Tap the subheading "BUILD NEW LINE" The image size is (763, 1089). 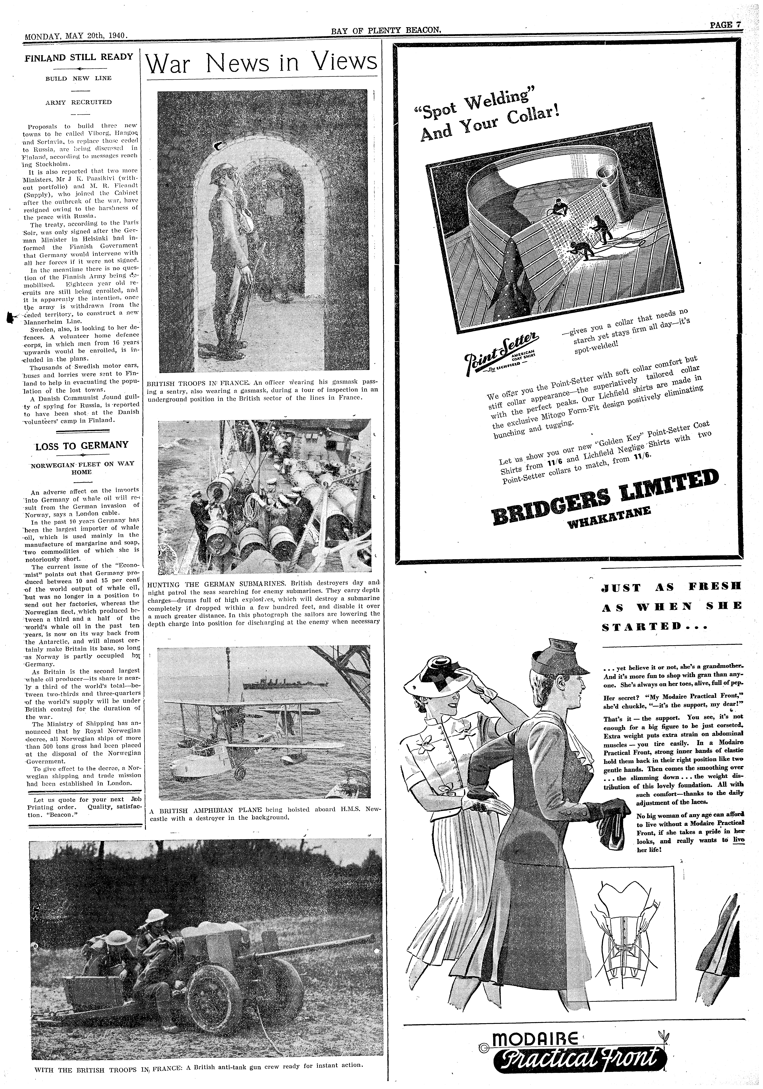tap(79, 78)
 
